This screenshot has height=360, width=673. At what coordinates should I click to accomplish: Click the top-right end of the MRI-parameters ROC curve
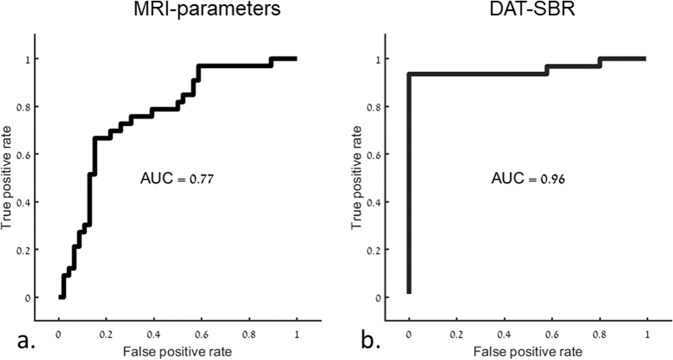(x=296, y=59)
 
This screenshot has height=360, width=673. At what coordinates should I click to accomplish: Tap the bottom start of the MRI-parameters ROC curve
(x=61, y=296)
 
